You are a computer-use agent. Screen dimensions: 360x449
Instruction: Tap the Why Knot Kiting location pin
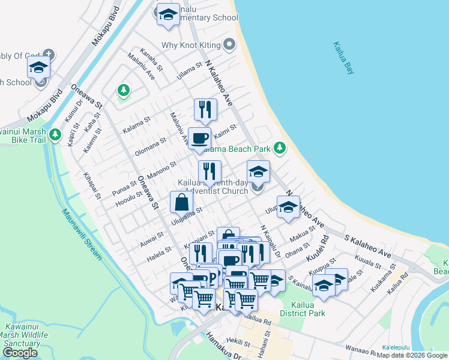click(229, 44)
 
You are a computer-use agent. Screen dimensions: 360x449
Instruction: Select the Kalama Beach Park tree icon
click(279, 147)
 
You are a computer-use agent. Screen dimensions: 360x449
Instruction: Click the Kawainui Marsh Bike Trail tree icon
click(55, 134)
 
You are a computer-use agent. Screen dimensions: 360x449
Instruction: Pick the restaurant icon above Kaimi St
click(205, 110)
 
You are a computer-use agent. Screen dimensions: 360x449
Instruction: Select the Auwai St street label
click(151, 239)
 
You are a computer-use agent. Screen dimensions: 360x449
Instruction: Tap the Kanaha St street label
click(151, 59)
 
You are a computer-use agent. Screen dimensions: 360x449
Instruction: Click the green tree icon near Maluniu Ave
click(124, 91)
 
